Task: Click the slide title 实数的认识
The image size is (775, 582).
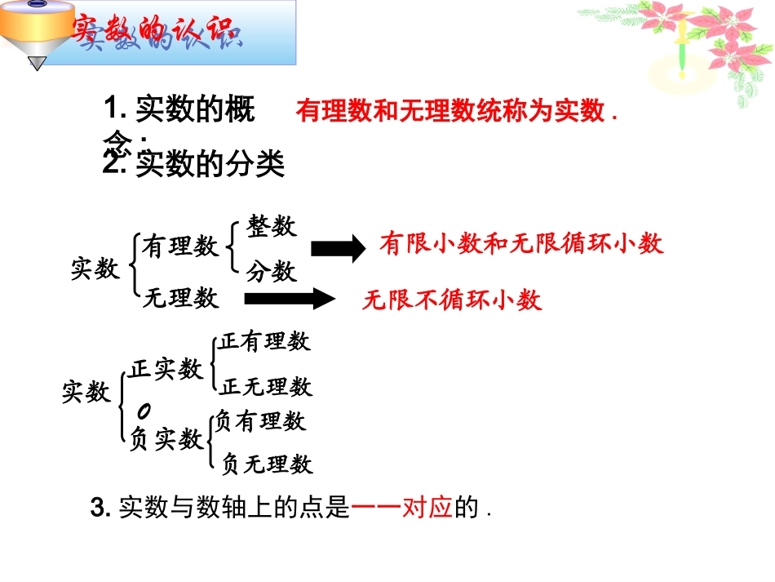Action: pos(155,33)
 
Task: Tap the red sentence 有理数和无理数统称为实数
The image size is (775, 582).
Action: pos(450,112)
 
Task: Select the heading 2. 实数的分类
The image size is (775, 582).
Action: pos(194,166)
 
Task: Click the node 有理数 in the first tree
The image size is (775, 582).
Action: pos(181,246)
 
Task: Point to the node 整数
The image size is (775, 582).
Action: pos(272,226)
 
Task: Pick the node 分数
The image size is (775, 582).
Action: pos(272,272)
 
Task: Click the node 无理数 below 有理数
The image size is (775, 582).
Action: pos(181,298)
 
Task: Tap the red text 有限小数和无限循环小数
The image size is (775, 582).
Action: pos(521,243)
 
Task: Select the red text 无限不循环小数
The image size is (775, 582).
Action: pos(452,300)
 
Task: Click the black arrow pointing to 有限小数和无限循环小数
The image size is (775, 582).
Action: pos(339,248)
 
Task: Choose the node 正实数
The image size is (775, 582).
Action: pos(166,369)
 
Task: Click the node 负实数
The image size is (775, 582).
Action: pos(166,439)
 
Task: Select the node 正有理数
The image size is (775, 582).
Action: pos(264,341)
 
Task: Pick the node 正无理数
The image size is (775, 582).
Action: pos(266,386)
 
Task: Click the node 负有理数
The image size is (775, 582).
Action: pos(260,421)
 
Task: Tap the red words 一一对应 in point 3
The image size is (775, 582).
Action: pos(401,509)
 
